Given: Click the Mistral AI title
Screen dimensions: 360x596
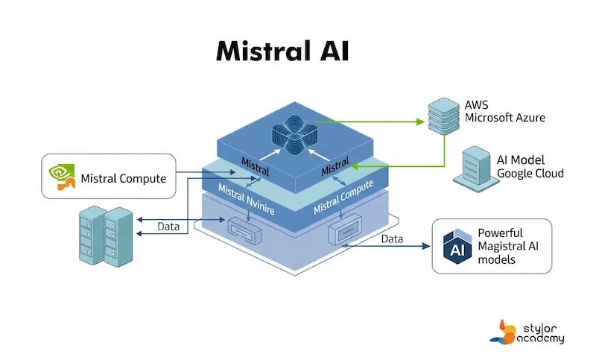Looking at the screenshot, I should click(282, 51).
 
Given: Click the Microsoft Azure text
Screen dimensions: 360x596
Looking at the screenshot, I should click(505, 118).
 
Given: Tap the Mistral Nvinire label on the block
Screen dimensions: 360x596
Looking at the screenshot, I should click(246, 200).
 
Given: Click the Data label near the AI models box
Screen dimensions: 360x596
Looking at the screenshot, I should click(392, 239).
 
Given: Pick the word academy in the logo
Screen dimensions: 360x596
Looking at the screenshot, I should click(539, 338).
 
